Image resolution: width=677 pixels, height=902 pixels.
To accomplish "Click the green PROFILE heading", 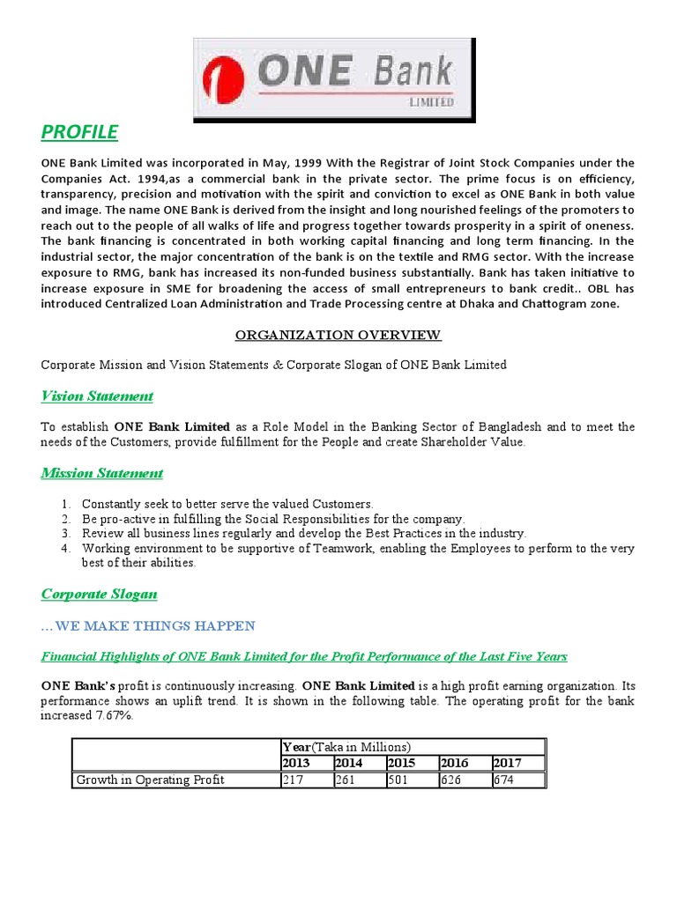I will coord(79,132).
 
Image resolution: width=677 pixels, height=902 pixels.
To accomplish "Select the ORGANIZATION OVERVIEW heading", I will coord(338,335).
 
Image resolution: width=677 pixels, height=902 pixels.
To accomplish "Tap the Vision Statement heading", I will coord(97,396).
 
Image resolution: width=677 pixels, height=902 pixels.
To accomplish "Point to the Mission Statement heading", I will coord(102,473).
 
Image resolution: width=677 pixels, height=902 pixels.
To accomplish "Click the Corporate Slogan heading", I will coord(100,594).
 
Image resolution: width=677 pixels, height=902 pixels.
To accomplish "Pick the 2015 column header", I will coord(402,763).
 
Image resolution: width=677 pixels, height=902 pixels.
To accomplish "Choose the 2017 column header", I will coord(508,763).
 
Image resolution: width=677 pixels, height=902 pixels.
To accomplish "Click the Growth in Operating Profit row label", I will coord(150,780).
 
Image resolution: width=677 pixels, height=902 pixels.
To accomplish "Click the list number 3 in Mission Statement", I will coord(65,534).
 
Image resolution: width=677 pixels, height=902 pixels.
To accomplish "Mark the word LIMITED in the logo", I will coord(432,102).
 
